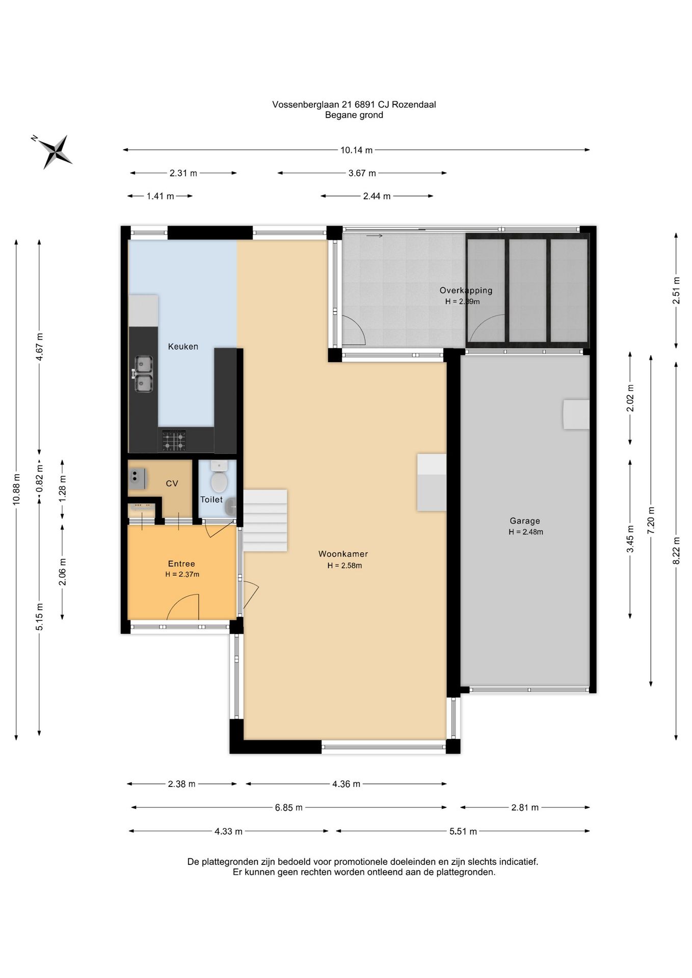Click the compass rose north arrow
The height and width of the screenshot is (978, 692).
[x=52, y=151]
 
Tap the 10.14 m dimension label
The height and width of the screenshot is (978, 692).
[x=356, y=150]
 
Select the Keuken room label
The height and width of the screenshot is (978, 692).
[x=183, y=346]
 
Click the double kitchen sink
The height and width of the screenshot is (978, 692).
[x=144, y=374]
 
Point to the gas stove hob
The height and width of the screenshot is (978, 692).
[x=174, y=440]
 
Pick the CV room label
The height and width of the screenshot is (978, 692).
[x=172, y=483]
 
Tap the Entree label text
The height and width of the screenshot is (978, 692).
[x=181, y=564]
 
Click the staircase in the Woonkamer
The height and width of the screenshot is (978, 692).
[x=265, y=521]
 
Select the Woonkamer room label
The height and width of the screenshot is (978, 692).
[x=343, y=554]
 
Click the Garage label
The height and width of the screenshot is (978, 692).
[x=525, y=521]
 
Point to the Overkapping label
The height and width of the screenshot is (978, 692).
[x=466, y=290]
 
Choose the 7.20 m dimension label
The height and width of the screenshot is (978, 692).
[x=651, y=520]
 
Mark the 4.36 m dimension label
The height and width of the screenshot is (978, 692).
[x=346, y=784]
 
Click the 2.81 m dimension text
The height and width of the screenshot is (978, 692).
[x=525, y=807]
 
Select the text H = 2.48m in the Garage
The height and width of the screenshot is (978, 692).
[x=526, y=532]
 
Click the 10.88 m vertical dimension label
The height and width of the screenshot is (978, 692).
[x=16, y=490]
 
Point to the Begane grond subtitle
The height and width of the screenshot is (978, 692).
[x=354, y=115]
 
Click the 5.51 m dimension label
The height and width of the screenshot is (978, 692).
[x=463, y=831]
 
